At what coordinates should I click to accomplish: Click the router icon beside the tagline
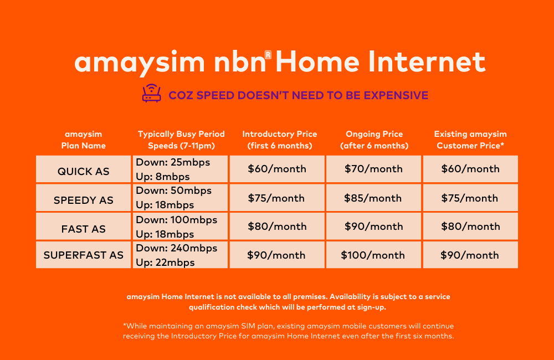point(151,95)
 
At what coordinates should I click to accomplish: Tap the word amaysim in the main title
point(139,63)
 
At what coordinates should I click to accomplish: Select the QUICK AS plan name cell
point(84,171)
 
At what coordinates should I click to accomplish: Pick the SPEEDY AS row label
point(84,200)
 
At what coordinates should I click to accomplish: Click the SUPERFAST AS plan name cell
point(84,255)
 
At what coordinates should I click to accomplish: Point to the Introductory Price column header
point(280,140)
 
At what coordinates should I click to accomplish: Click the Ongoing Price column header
point(375,140)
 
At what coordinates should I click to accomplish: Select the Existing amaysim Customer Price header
point(470,140)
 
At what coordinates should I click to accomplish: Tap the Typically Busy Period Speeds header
point(181,140)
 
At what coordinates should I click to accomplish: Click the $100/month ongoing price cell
point(373,255)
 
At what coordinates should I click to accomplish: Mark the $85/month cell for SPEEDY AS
point(373,198)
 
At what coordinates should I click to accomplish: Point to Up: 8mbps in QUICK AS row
point(163,177)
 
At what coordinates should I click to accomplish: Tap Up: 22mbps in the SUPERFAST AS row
point(165,263)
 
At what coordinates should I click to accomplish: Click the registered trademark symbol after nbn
point(268,54)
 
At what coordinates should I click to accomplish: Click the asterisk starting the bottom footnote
point(125,326)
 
